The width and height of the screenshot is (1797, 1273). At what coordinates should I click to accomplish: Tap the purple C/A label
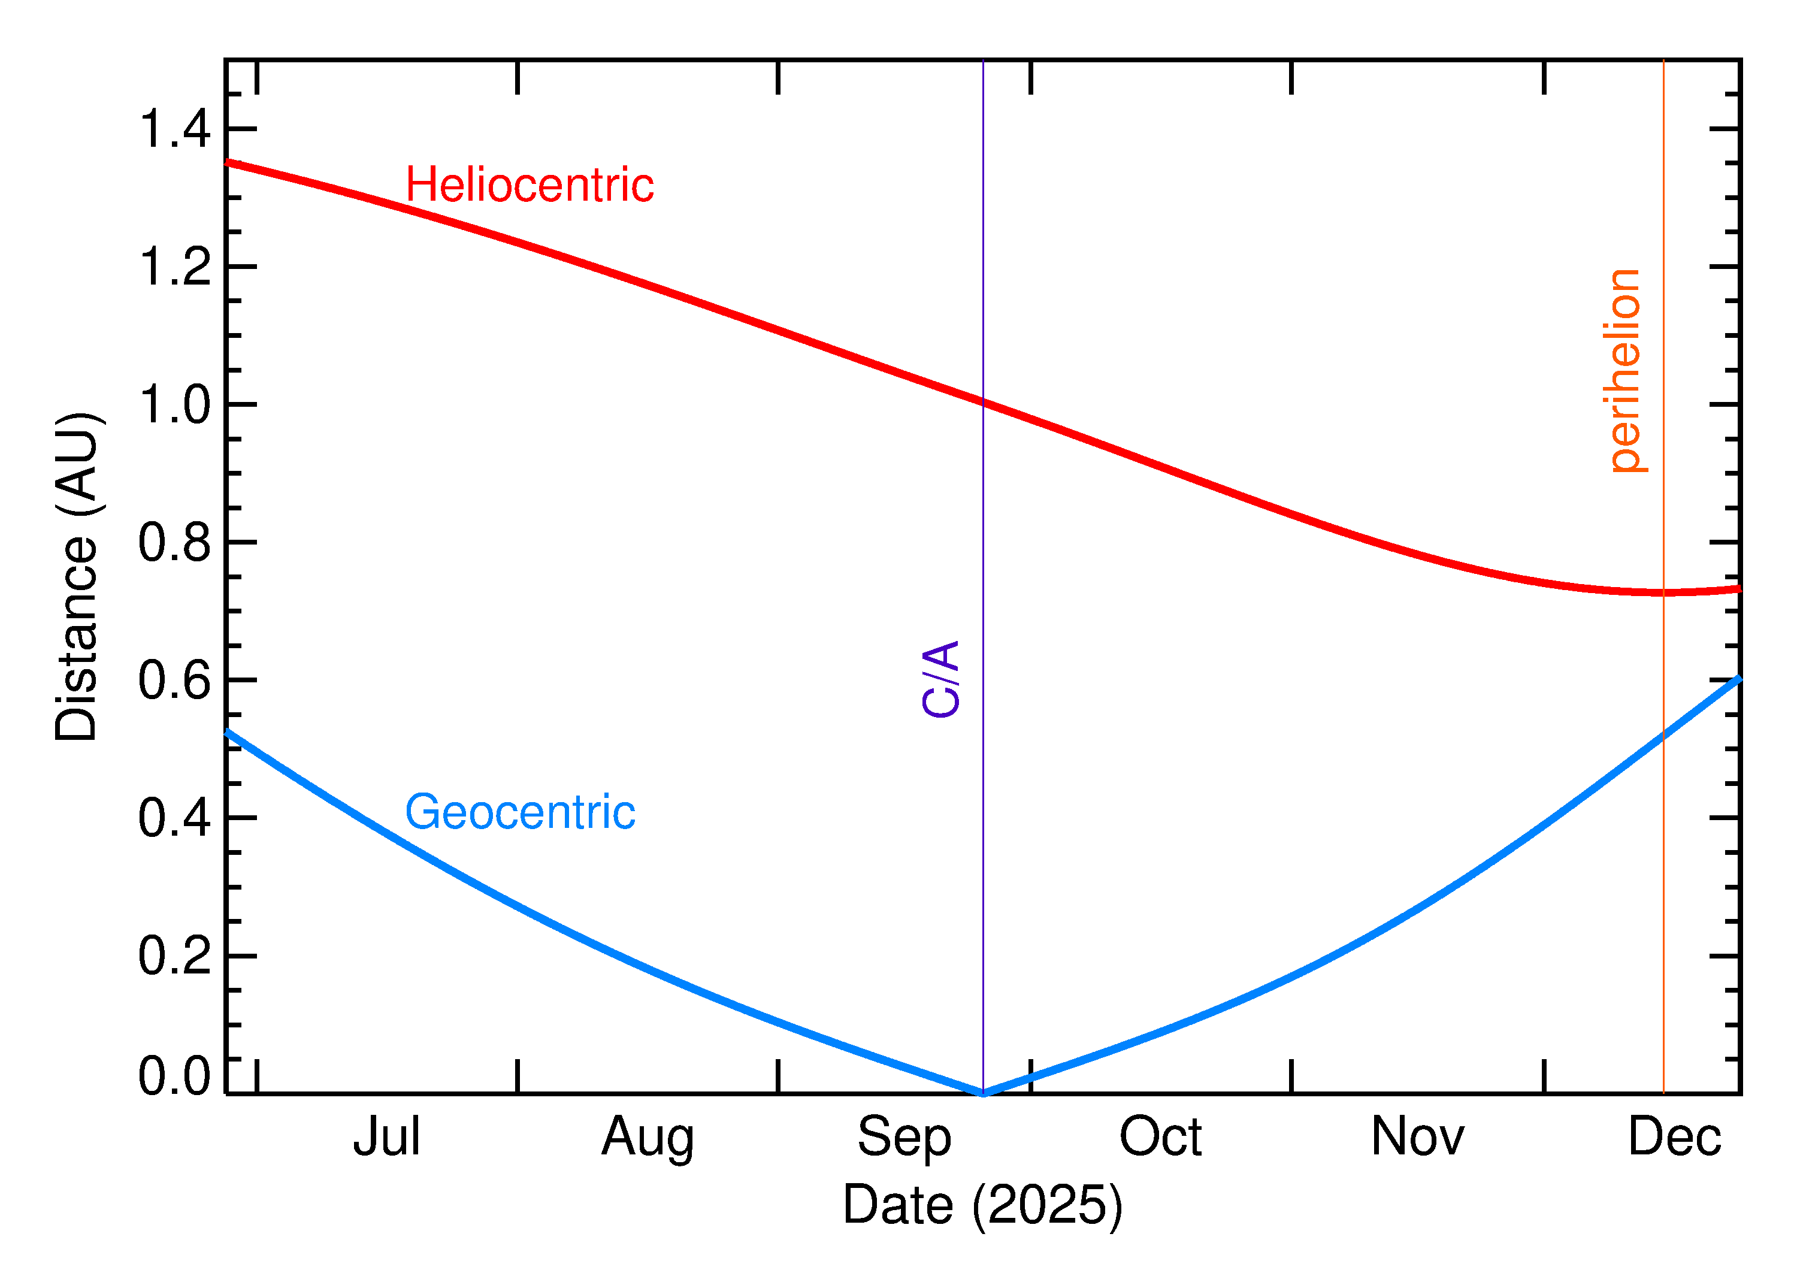point(941,679)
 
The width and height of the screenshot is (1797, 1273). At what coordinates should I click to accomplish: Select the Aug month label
point(648,1138)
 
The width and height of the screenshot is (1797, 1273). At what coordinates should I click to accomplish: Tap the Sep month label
point(904,1138)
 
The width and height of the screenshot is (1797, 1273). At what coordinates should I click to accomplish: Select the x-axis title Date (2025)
point(982,1205)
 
